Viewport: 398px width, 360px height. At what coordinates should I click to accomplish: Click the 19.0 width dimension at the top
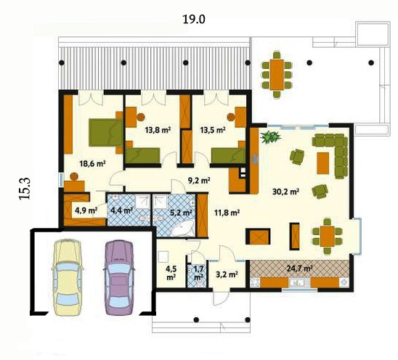coord(194,20)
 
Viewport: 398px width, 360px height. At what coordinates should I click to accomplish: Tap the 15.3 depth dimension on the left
coord(25,188)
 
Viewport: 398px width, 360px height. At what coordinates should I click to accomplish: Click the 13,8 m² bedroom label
coord(158,130)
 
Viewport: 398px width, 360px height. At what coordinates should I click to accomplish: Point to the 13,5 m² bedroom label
coord(213,130)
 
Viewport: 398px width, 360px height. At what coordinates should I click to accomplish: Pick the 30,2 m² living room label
coord(285,192)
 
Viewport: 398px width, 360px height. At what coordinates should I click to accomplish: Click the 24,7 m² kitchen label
coord(299,268)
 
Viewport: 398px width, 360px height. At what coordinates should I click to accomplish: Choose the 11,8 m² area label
coord(227,213)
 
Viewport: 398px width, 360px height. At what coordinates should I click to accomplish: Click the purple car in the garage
coord(119,277)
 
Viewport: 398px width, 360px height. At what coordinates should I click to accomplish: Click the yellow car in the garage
coord(68,277)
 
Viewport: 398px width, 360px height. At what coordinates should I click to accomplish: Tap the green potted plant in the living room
coord(271,137)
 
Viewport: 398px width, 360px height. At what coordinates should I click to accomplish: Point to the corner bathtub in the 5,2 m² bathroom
coord(182,229)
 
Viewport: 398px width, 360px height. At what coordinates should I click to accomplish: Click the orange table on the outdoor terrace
coord(277,75)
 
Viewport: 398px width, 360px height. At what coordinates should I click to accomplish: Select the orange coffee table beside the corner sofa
coord(323,163)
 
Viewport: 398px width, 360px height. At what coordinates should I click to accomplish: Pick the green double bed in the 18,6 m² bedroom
coord(105,133)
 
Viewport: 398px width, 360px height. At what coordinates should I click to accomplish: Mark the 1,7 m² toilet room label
coord(198,272)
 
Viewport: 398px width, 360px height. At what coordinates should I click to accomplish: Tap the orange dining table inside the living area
coord(328,236)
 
